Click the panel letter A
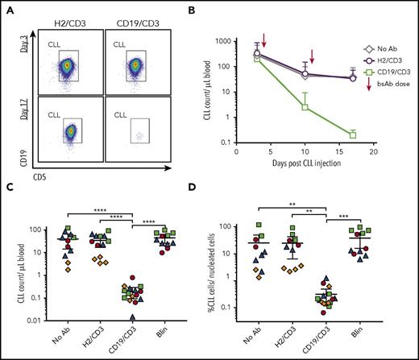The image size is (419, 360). pos(8,8)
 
